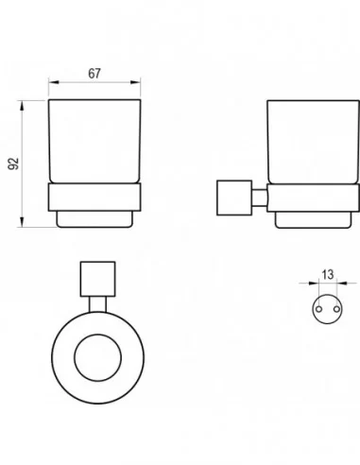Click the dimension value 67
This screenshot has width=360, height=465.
coord(94,74)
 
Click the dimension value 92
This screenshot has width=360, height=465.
coord(13,164)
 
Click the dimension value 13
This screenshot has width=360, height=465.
coord(328,275)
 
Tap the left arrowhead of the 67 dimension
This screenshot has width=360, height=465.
coord(54,82)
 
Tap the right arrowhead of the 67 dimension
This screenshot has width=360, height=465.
coord(135,82)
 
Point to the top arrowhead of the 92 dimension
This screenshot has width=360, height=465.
coord(22,106)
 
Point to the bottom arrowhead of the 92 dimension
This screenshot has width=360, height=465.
coord(22,222)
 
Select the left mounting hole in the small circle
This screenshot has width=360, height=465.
coord(318,309)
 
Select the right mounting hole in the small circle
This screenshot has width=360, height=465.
coord(336,309)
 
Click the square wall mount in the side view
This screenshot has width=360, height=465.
coord(234,198)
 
